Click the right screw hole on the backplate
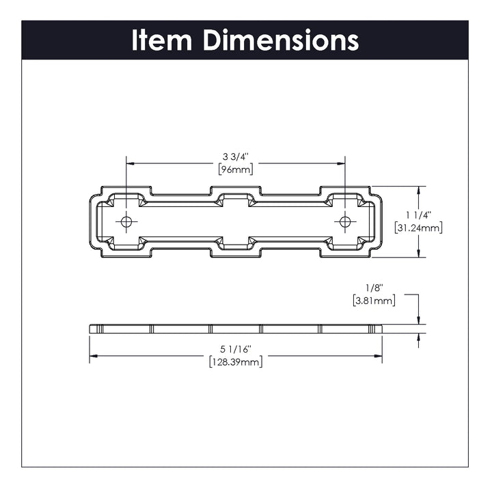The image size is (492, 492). click(345, 221)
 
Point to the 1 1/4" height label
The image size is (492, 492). click(419, 215)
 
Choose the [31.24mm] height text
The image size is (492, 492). click(419, 228)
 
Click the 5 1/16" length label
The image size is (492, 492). click(235, 350)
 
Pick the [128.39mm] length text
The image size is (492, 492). click(235, 362)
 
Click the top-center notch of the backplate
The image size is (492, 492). click(235, 197)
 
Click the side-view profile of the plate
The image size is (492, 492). click(235, 328)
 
